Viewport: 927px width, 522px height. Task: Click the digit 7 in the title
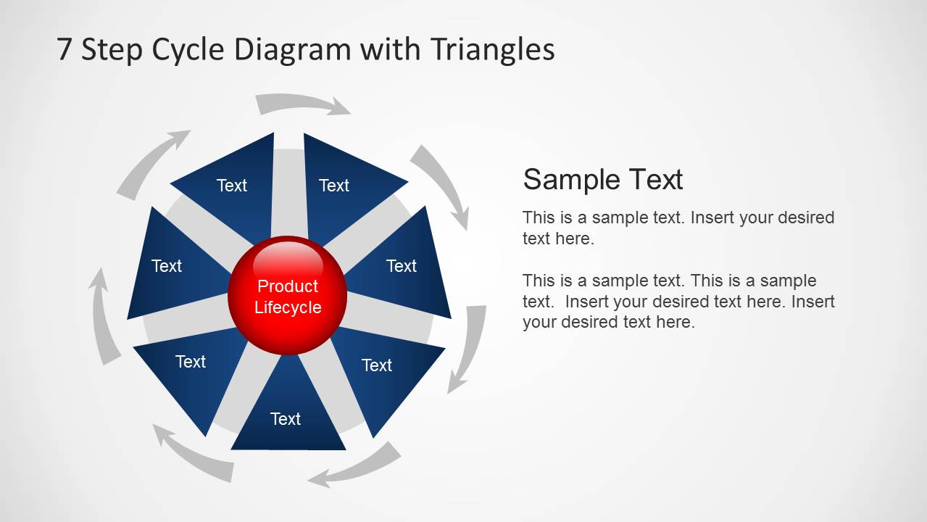(65, 49)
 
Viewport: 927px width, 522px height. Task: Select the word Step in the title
(111, 50)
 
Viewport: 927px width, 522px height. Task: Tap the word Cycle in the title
(188, 50)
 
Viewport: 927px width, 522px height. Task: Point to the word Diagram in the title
(293, 50)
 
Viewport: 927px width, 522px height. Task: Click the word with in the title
(390, 49)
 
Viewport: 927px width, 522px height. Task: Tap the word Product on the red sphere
(288, 286)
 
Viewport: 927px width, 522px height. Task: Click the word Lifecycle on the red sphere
(288, 307)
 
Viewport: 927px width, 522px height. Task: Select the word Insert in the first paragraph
(713, 217)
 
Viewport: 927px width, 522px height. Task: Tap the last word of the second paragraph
(675, 322)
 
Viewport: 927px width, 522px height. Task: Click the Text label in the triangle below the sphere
(286, 419)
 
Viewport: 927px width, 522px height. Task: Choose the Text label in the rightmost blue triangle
(402, 266)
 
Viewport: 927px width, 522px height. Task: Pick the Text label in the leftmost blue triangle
(167, 266)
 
